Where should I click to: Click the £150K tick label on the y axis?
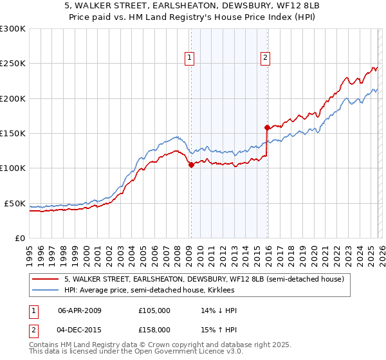pos(13,133)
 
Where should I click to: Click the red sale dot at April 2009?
pos(191,165)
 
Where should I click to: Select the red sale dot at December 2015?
pos(268,128)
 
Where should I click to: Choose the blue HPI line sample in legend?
pos(45,291)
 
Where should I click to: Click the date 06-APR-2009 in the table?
pos(80,310)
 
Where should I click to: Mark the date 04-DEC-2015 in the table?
pos(80,329)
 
